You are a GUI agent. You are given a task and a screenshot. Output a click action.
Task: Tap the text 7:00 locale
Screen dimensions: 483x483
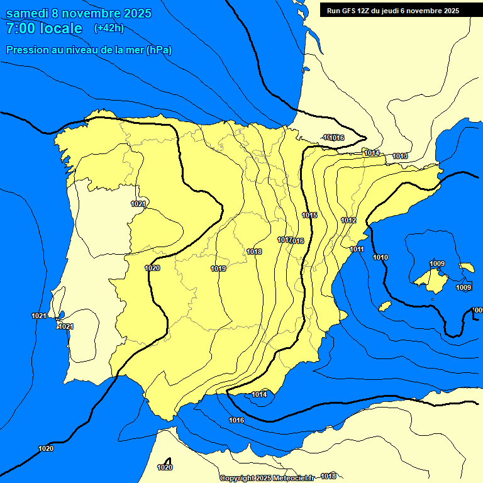pyautogui.click(x=44, y=29)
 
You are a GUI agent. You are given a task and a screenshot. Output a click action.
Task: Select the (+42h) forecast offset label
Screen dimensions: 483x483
pyautogui.click(x=109, y=28)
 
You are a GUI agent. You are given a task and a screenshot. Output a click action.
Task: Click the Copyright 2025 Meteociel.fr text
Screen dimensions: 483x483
pyautogui.click(x=267, y=478)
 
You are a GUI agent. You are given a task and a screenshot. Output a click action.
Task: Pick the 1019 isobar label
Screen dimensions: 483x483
pyautogui.click(x=218, y=269)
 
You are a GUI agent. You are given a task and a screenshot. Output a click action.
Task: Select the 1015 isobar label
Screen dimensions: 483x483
pyautogui.click(x=309, y=216)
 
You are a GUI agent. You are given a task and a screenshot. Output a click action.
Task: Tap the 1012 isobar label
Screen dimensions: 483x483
pyautogui.click(x=349, y=220)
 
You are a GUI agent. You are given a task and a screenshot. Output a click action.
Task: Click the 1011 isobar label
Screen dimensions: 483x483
pyautogui.click(x=357, y=250)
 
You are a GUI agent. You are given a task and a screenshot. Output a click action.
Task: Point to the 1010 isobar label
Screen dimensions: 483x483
pyautogui.click(x=380, y=257)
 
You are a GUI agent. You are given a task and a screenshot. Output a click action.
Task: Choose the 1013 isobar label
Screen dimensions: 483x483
pyautogui.click(x=400, y=156)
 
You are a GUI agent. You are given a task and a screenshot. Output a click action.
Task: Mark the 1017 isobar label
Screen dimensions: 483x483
pyautogui.click(x=284, y=240)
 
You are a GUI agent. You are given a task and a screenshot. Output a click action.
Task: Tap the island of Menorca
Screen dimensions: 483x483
pyautogui.click(x=466, y=268)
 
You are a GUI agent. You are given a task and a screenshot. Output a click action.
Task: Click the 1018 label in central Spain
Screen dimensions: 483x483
pyautogui.click(x=254, y=252)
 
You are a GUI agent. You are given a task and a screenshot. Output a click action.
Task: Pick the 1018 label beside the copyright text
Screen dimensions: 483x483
pyautogui.click(x=328, y=476)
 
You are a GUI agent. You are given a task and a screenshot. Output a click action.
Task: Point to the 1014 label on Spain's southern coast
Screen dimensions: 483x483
pyautogui.click(x=259, y=394)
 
